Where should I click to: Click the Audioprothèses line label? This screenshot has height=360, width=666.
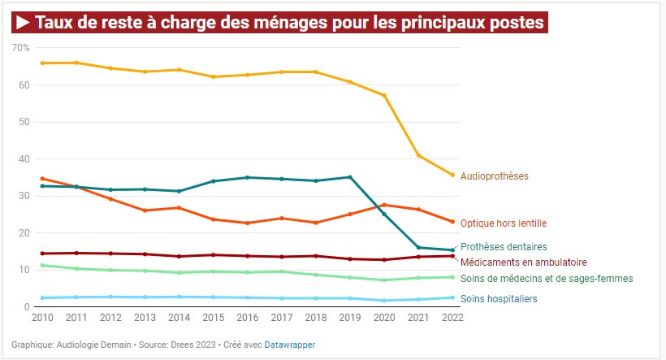click(494, 176)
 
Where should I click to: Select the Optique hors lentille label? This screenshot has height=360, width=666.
click(504, 223)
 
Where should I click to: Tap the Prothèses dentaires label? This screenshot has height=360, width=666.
click(504, 246)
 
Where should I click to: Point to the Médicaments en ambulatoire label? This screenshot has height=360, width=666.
click(523, 262)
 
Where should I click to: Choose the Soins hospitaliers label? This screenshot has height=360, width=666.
click(499, 299)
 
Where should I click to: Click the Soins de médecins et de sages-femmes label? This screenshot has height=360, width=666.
click(547, 279)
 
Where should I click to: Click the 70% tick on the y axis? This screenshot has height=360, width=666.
click(20, 48)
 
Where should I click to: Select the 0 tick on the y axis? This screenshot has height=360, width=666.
click(26, 307)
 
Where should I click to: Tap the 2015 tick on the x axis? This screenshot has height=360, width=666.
click(212, 318)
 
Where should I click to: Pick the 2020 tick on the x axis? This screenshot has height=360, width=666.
click(383, 318)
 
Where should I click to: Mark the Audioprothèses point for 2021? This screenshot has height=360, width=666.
click(418, 155)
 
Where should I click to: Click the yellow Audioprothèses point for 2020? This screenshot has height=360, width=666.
click(384, 96)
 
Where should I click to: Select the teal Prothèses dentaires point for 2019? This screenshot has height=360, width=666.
click(350, 177)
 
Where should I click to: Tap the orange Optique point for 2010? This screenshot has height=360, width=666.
click(42, 179)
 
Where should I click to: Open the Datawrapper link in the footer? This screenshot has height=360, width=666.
click(290, 345)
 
